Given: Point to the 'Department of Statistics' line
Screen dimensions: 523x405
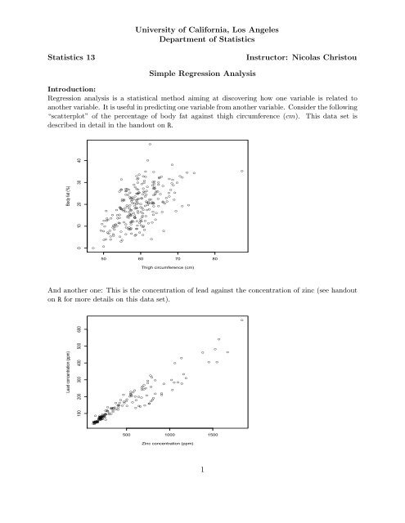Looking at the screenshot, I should point(201,38).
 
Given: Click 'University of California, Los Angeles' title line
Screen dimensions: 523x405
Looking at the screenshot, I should point(201,27).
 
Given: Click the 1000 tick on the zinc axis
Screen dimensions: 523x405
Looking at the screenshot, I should point(170,434).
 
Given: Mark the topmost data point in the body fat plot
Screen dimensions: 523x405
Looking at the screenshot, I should point(150,144).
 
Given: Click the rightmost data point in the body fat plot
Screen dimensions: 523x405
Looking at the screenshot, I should point(241,171).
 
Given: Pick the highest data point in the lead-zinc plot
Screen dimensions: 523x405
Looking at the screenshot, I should point(242,320).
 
